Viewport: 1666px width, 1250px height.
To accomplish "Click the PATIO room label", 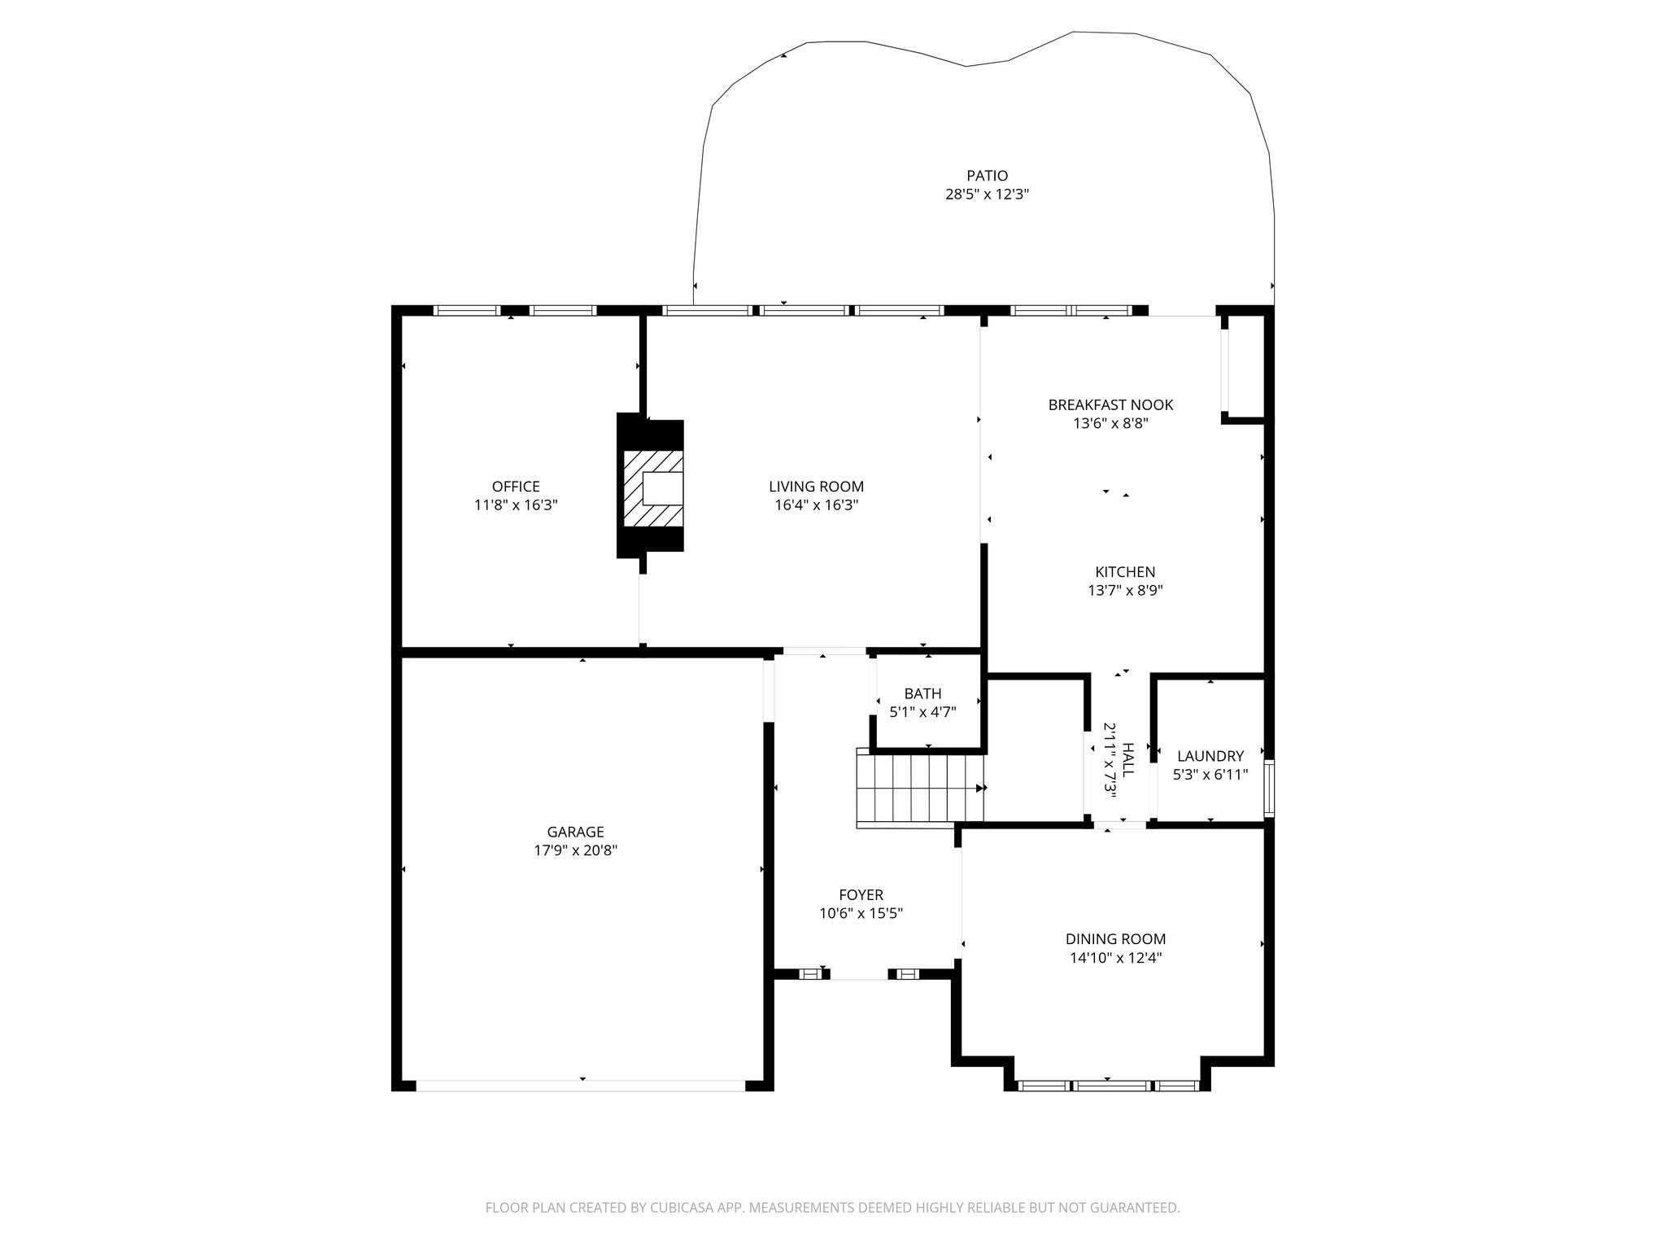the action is pos(987,176).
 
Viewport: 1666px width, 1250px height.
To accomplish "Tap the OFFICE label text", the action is pos(516,487).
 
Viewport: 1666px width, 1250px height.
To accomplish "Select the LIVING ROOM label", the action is pos(816,487).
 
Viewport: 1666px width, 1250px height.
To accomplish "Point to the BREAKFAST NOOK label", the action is pos(1110,404).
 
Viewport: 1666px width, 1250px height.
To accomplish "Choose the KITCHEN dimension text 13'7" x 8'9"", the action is pos(1125,591).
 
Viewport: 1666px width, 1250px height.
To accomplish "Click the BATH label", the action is pos(922,693).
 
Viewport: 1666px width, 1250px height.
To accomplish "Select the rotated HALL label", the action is pos(1127,759).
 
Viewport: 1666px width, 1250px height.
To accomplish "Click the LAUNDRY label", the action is pos(1210,756).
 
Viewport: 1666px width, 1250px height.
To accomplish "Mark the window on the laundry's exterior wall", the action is pos(1269,789).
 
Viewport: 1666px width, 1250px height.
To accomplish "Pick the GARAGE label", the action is pos(575,832).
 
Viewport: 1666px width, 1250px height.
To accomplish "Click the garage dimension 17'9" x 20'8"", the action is pos(575,850).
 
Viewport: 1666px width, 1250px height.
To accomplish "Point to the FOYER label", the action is pos(861,895).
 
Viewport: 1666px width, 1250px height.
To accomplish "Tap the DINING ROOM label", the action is pos(1115,939).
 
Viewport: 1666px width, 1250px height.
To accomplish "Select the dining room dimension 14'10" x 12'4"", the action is pos(1115,958).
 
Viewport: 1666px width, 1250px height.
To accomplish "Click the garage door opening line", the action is pos(580,1085).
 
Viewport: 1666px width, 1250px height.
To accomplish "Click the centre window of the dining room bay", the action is pos(1112,1085).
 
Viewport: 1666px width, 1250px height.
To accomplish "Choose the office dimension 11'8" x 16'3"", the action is pos(516,505).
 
